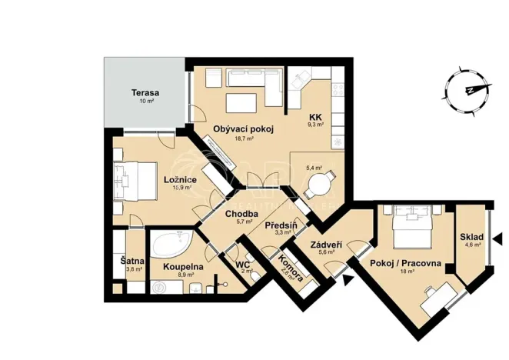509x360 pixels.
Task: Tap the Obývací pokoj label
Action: coord(243,128)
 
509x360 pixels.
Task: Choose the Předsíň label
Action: coord(281,226)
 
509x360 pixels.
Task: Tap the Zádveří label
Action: coord(326,245)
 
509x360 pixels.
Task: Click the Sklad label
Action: coord(471,237)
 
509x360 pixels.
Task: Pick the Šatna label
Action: coord(129,262)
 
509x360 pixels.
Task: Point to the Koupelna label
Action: coord(182,266)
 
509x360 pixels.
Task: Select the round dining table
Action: coord(318,185)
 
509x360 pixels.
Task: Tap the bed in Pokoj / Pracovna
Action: coord(408,225)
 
